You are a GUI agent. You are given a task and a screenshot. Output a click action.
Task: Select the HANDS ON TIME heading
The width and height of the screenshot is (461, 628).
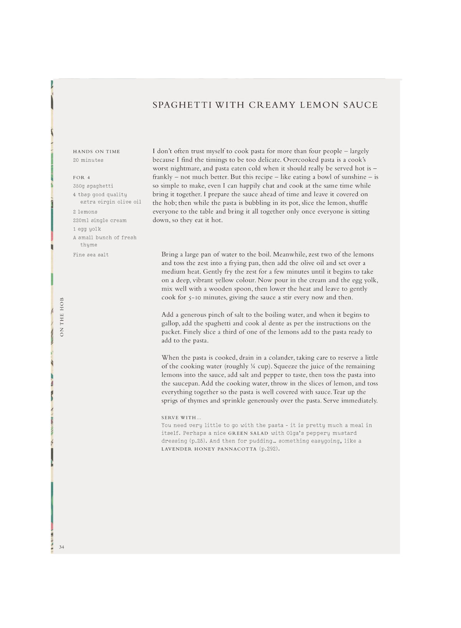[x=96, y=152]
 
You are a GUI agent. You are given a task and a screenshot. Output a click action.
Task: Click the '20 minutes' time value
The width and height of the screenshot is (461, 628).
[x=88, y=160]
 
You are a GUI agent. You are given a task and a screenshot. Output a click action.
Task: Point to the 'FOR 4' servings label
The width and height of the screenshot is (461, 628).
[x=81, y=178]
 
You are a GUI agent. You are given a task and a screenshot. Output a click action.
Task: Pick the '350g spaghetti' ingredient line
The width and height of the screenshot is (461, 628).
[x=93, y=186]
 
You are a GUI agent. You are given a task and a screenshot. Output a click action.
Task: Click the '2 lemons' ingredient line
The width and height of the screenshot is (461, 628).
[x=85, y=212]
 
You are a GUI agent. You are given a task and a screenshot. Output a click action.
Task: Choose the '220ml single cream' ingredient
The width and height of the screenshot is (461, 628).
[x=99, y=220]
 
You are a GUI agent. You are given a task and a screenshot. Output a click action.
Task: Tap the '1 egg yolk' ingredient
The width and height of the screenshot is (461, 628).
[x=87, y=229]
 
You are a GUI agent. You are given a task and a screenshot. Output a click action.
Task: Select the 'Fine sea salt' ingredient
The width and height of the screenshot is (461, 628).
[x=91, y=255]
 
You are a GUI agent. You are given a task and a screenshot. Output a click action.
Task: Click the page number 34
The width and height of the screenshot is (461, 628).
[x=62, y=547]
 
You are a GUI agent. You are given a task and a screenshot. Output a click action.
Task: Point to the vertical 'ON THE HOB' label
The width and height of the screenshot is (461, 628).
[x=62, y=317]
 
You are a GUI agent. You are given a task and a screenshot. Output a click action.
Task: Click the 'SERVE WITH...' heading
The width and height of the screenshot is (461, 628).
[x=181, y=418]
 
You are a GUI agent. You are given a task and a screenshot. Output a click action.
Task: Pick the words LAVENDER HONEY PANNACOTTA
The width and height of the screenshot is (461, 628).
[x=209, y=449]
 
